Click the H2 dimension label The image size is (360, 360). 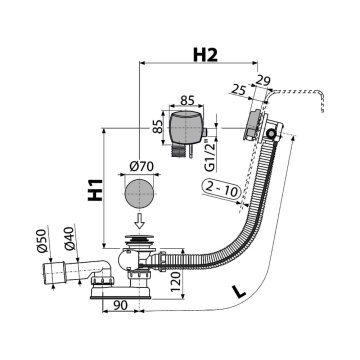tap(205, 55)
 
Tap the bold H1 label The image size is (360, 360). tap(95, 190)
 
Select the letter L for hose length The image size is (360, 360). tap(239, 292)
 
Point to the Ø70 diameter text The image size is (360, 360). tap(140, 166)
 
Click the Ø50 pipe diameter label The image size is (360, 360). tap(43, 241)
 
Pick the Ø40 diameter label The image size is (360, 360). tap(69, 239)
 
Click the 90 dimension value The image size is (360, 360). tap(119, 305)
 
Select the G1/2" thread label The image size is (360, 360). tap(209, 157)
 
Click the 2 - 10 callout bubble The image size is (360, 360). tap(222, 191)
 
